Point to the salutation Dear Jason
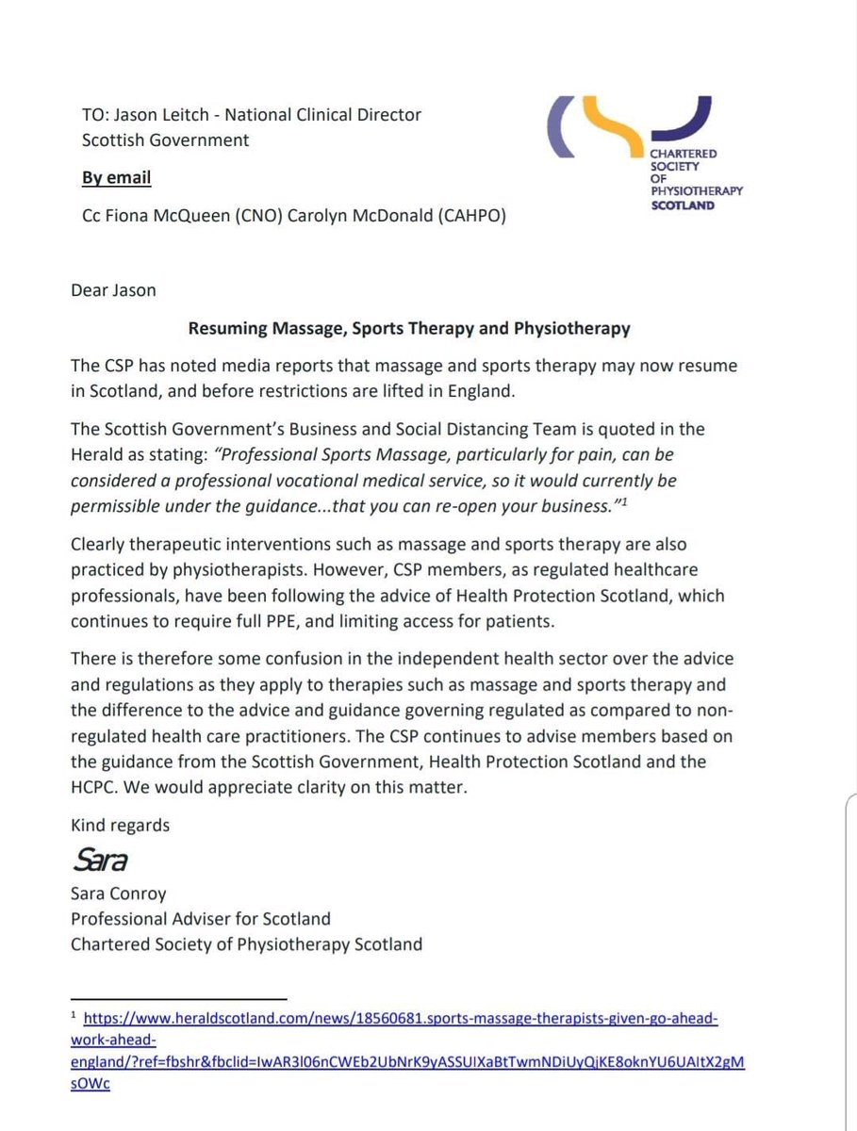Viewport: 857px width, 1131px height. tap(113, 289)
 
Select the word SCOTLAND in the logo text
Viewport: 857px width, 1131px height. tap(683, 205)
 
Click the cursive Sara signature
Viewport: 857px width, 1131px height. tap(99, 860)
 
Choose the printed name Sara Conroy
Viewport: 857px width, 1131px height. tap(119, 893)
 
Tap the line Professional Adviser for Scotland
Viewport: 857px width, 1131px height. tap(200, 918)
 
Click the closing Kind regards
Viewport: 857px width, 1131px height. tap(120, 825)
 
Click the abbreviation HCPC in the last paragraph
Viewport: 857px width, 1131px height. tap(99, 785)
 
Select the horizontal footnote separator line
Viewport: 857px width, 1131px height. tap(178, 997)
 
